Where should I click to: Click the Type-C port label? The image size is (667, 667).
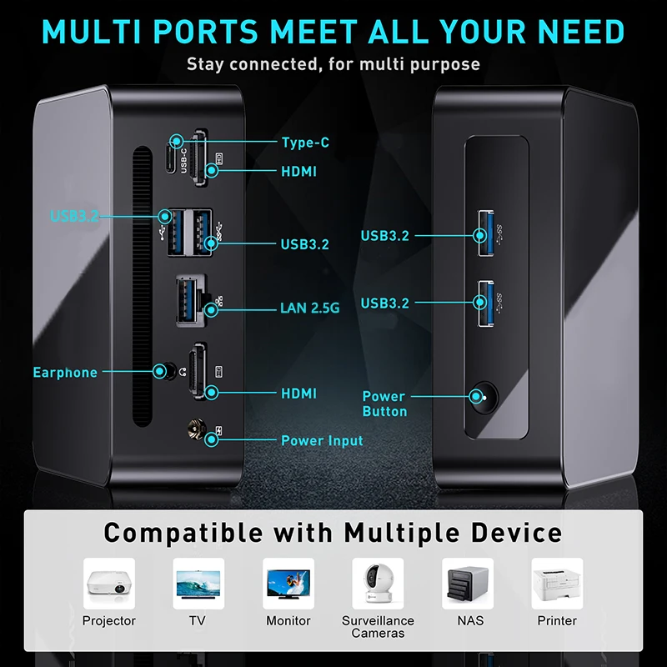point(305,143)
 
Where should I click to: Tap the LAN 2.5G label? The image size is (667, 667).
point(309,308)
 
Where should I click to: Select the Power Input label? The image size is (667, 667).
point(322,440)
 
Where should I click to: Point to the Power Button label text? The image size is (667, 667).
point(384,404)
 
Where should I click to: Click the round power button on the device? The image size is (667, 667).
point(478,397)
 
